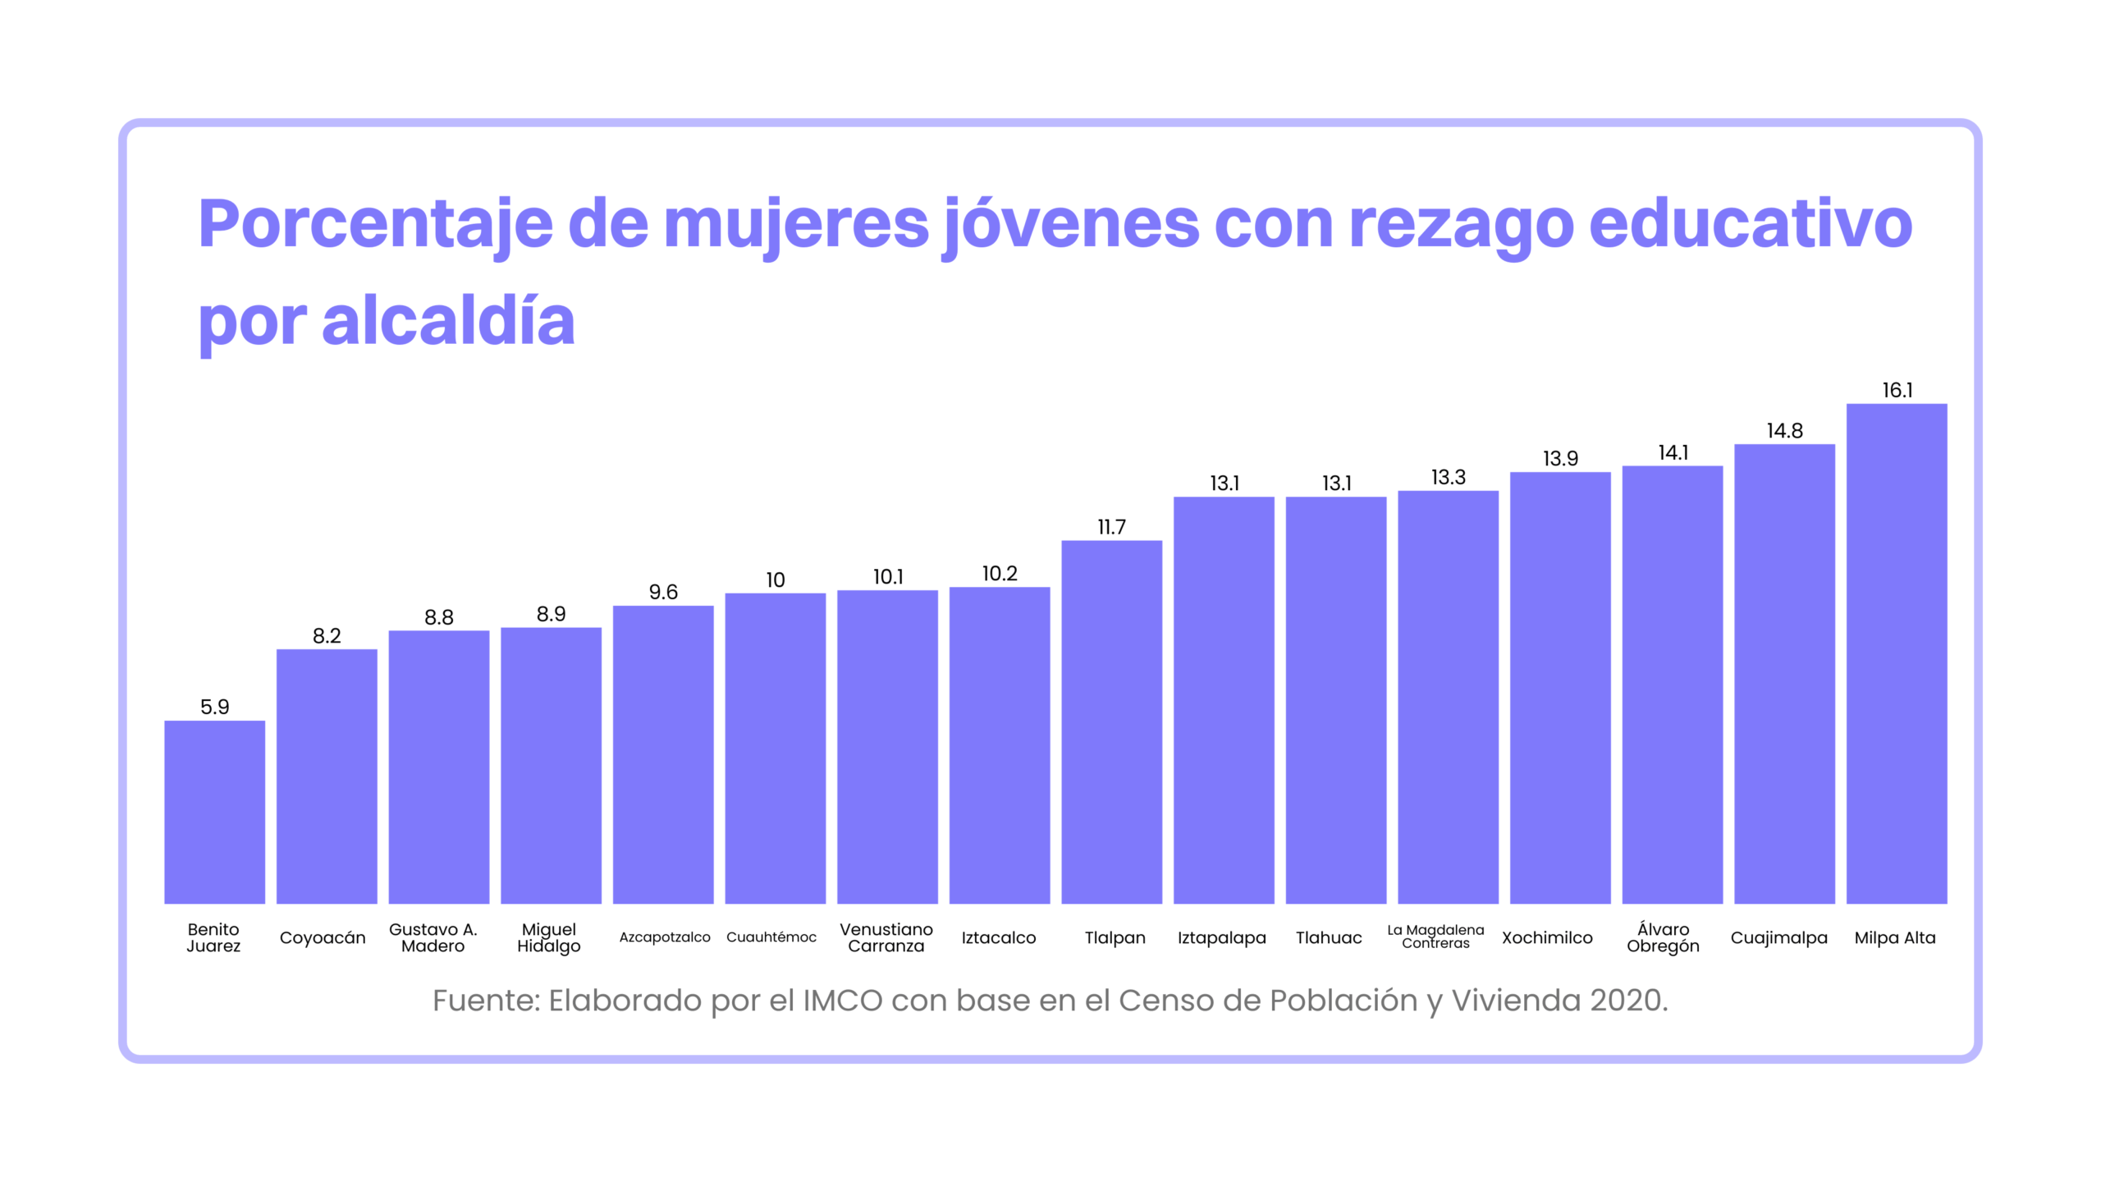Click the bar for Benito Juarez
pyautogui.click(x=214, y=812)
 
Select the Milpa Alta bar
pyautogui.click(x=1896, y=653)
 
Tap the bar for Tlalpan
pyautogui.click(x=1111, y=722)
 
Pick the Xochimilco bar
pyautogui.click(x=1559, y=688)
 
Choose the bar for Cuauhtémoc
pyautogui.click(x=775, y=748)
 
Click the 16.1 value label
pyautogui.click(x=1897, y=390)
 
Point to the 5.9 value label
pyautogui.click(x=214, y=707)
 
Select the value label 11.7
pyautogui.click(x=1111, y=527)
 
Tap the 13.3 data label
pyautogui.click(x=1448, y=477)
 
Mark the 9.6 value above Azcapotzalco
pyautogui.click(x=663, y=592)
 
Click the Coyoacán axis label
pyautogui.click(x=323, y=937)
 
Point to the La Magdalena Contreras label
pyautogui.click(x=1435, y=937)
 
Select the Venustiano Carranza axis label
pyautogui.click(x=886, y=937)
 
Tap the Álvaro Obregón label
pyautogui.click(x=1663, y=937)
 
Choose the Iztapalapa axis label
pyautogui.click(x=1221, y=937)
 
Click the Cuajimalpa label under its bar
pyautogui.click(x=1778, y=937)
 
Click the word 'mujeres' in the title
pyautogui.click(x=795, y=223)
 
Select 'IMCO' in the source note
pyautogui.click(x=842, y=1001)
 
